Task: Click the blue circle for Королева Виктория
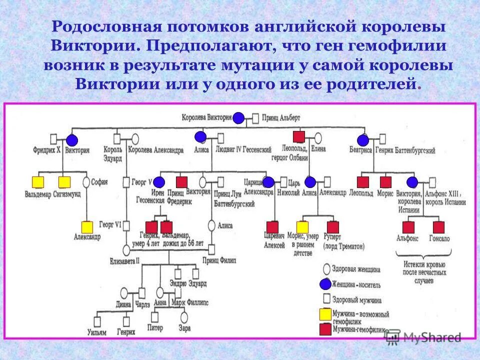pos(238,118)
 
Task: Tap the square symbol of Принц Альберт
pos(255,118)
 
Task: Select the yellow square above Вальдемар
pos(38,182)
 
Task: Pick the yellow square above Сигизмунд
pos(64,182)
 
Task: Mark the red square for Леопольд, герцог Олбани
pos(298,136)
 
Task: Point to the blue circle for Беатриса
pos(362,140)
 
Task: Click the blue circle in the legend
pos(325,284)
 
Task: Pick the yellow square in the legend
pos(325,314)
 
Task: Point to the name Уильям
pos(96,332)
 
